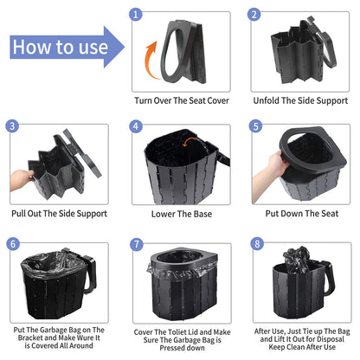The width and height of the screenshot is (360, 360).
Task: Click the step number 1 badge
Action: pyautogui.click(x=133, y=15)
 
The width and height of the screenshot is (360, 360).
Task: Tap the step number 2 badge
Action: pyautogui.click(x=254, y=15)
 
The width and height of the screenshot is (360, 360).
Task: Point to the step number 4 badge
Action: pyautogui.click(x=134, y=126)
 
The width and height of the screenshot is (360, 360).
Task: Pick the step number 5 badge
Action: pyautogui.click(x=254, y=126)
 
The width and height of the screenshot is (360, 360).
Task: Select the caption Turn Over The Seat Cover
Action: pyautogui.click(x=181, y=100)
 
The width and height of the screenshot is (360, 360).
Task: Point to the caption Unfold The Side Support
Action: pyautogui.click(x=300, y=100)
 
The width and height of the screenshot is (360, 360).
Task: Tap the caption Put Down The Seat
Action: pyautogui.click(x=300, y=213)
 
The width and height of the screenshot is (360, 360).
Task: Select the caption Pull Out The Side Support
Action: pyautogui.click(x=60, y=213)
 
